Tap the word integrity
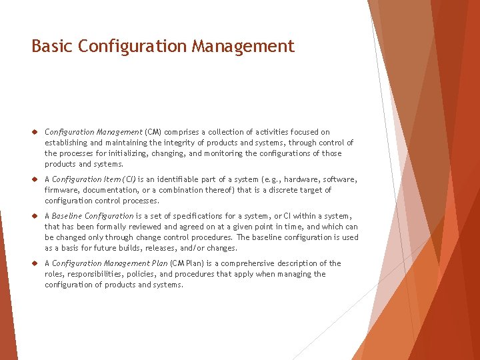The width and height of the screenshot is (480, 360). coord(177,143)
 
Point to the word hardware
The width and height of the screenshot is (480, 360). coord(301,179)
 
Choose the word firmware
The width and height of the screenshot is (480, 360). coord(61,190)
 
